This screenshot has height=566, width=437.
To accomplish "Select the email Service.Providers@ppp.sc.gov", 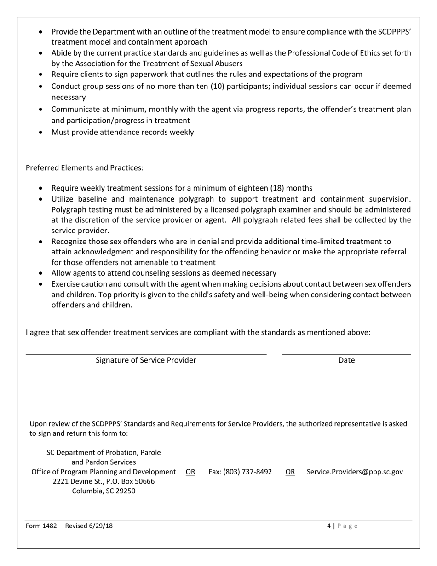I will tap(355, 472).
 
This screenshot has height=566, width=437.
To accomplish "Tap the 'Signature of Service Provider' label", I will tap(146, 360).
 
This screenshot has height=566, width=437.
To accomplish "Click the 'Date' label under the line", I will tap(346, 360).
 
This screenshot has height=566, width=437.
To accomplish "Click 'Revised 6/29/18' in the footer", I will tap(89, 526).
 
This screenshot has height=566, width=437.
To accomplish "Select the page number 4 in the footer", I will tap(329, 526).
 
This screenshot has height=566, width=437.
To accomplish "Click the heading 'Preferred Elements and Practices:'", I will tap(85, 168).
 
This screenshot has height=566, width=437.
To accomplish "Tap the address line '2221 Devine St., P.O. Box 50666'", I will tap(103, 481).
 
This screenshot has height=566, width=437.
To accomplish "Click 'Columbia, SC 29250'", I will tap(103, 491).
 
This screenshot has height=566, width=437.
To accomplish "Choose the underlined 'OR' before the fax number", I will tap(190, 472).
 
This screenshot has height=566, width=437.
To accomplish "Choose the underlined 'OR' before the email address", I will tap(290, 472).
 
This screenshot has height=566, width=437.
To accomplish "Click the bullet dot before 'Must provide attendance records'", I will tap(42, 133).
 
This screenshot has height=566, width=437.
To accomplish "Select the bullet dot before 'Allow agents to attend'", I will tap(42, 273).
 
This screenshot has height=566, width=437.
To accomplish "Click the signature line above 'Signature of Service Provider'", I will tap(146, 354).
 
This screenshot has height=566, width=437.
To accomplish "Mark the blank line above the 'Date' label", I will tap(346, 354).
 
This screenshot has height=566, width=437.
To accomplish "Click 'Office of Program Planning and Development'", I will tap(103, 472).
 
